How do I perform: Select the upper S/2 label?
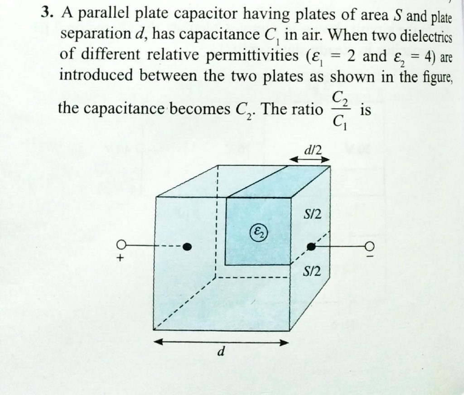[312, 214]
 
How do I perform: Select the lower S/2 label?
[312, 272]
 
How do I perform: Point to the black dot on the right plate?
[311, 246]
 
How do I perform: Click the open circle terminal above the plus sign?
[121, 244]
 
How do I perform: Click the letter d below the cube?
[221, 351]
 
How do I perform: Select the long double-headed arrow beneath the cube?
[221, 343]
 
